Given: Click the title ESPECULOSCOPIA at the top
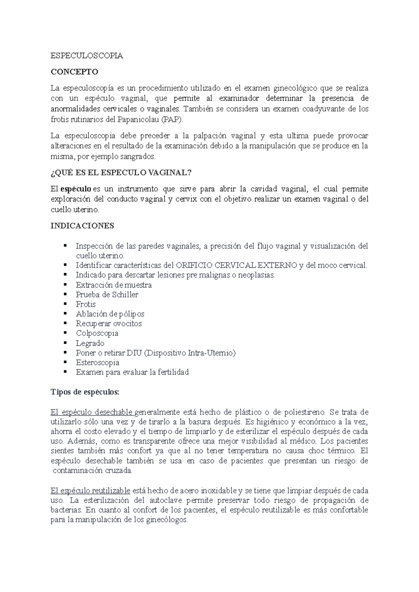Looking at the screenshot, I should coord(87,55).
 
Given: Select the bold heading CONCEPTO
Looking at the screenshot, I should coord(74,72).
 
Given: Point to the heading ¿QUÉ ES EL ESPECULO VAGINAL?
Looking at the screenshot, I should coord(121,173).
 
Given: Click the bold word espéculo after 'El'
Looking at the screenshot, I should coord(76,189).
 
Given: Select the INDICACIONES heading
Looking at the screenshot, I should coord(82,226).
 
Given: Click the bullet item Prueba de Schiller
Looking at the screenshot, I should coord(107,295).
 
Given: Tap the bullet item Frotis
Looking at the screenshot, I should coord(86,304).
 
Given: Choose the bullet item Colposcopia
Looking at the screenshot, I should coord(97,333).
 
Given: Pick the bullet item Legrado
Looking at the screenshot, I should coord(90,343).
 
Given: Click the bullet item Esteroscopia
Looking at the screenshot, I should coord(97,363).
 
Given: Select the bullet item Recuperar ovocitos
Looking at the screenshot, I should coord(109,324).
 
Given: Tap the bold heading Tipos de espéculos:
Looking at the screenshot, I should coord(85,392).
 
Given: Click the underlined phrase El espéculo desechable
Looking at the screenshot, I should coord(91,412).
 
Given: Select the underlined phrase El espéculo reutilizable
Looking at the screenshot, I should coord(90,491).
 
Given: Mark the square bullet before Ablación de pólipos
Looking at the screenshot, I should coord(65,313).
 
